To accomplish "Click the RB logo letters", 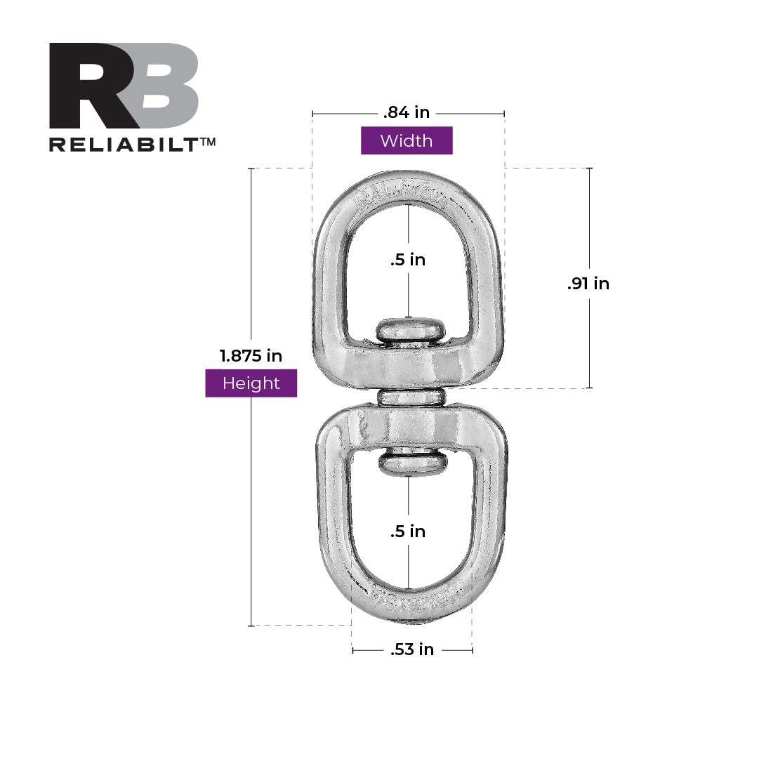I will click(124, 86).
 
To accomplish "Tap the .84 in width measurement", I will click(407, 112).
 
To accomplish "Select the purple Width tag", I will click(407, 140).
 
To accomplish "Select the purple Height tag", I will click(251, 383).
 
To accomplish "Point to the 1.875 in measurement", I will click(251, 356).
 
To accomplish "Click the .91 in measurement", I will click(588, 284).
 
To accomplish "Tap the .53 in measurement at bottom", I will click(412, 650).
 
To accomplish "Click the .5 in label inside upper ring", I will click(408, 260).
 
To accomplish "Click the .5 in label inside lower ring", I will click(408, 532).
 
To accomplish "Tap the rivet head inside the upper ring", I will click(409, 331).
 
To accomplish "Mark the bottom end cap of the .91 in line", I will click(588, 388).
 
